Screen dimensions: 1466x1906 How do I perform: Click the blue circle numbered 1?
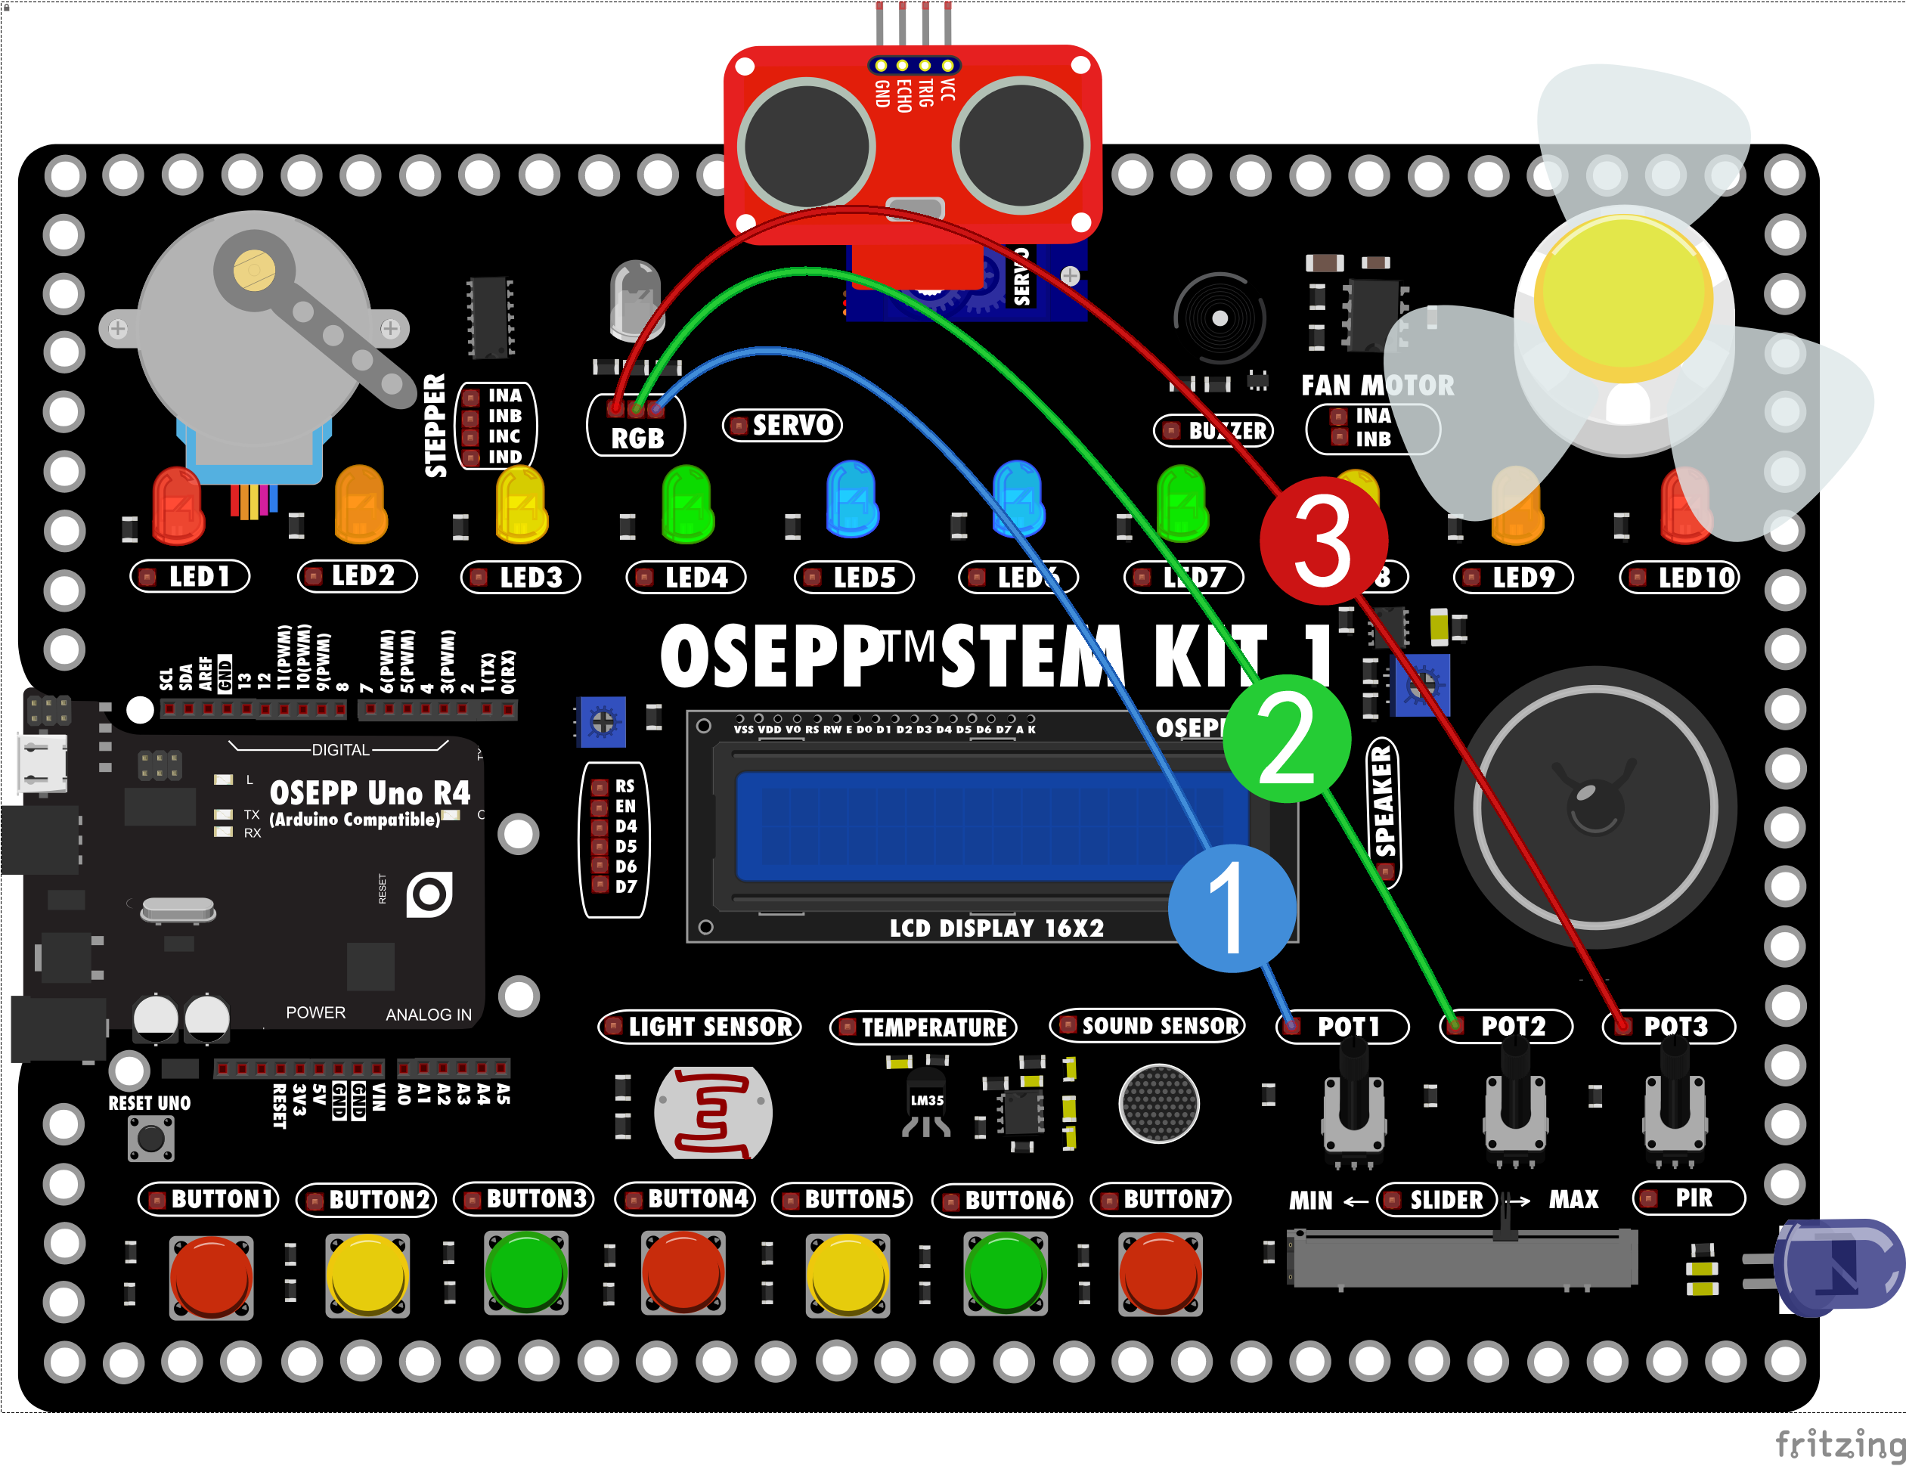point(1232,908)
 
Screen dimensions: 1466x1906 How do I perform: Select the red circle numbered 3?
point(1323,540)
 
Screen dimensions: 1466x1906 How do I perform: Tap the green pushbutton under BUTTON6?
point(1006,1273)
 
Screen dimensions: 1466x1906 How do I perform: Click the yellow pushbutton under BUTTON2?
point(367,1273)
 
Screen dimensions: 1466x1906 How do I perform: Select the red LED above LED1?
point(178,504)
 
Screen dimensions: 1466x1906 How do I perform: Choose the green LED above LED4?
point(688,504)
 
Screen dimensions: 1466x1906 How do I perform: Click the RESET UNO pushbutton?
point(151,1138)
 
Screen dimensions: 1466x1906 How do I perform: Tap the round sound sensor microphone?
point(1159,1104)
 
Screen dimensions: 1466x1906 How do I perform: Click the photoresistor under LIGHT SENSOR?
point(713,1111)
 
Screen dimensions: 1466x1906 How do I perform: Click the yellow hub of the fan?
point(1623,296)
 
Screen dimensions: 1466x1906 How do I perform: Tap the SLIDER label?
point(1436,1200)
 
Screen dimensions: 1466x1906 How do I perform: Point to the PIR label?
point(1689,1198)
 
